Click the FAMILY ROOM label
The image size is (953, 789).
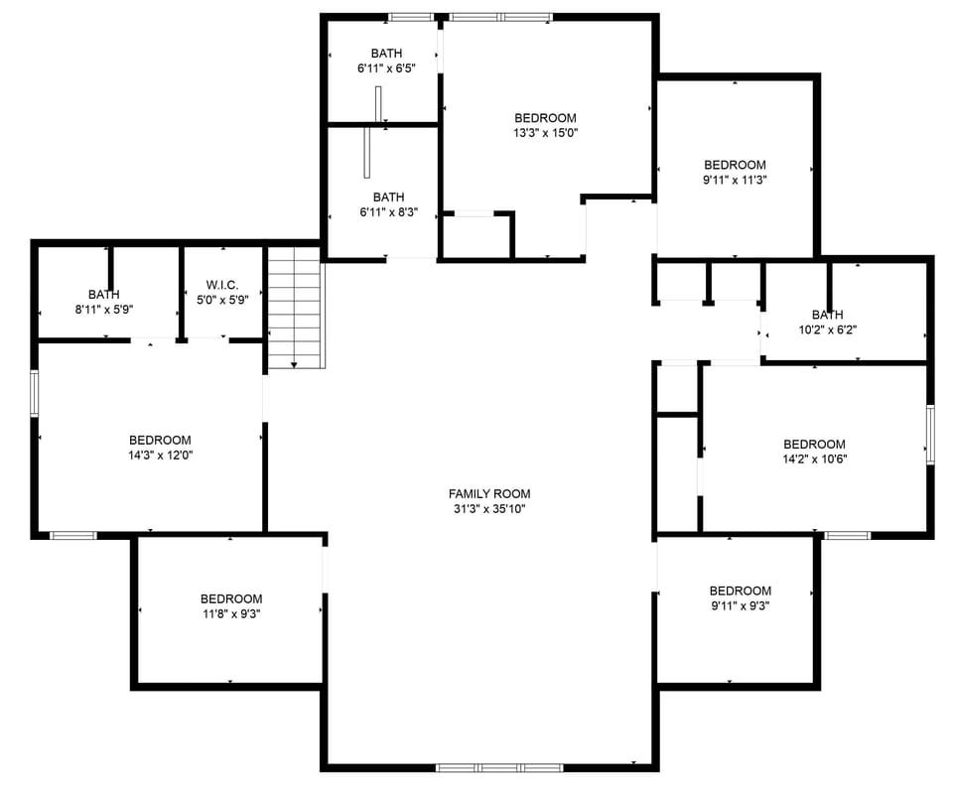[x=488, y=493]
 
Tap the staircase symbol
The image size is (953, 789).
[x=296, y=308]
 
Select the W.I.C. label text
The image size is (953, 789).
[x=221, y=285]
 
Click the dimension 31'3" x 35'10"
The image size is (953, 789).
[x=488, y=509]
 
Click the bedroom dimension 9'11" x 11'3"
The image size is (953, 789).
[x=735, y=180]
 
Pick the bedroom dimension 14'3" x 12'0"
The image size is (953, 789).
[x=160, y=456]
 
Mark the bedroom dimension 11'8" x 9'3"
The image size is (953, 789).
[x=230, y=613]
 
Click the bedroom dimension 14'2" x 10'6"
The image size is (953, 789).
[x=814, y=460]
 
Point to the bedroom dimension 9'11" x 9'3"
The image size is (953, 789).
[x=740, y=605]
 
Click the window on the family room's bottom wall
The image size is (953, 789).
[x=485, y=767]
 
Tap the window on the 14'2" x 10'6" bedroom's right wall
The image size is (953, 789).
[x=930, y=435]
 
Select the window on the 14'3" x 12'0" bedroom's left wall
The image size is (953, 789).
[x=35, y=393]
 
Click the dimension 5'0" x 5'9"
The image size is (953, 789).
[x=221, y=300]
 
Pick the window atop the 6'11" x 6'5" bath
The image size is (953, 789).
[x=410, y=17]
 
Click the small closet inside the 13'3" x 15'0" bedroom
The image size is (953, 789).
[x=476, y=236]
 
